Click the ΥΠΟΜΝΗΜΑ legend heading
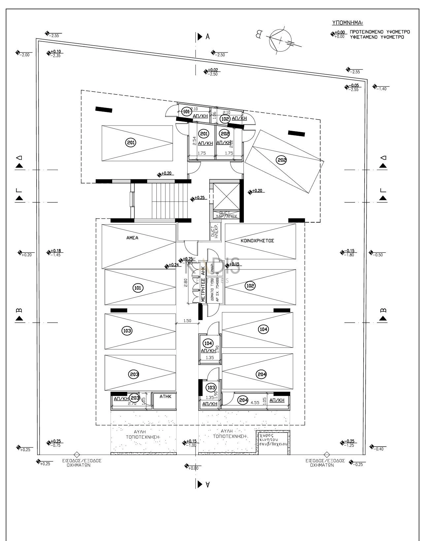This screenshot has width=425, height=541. click(347, 23)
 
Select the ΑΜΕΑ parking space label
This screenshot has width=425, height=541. click(132, 238)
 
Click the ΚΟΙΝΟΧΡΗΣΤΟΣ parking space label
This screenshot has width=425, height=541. click(257, 241)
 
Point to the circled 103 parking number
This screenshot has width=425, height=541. click(127, 331)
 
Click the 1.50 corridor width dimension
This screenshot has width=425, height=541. click(187, 321)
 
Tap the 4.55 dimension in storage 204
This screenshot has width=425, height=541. click(254, 403)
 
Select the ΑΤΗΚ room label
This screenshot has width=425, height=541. click(165, 397)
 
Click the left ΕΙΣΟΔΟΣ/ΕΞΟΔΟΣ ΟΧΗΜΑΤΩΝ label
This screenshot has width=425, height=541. click(82, 463)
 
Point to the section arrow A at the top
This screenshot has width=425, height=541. click(200, 37)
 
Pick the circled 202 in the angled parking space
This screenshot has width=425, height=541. click(282, 161)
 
